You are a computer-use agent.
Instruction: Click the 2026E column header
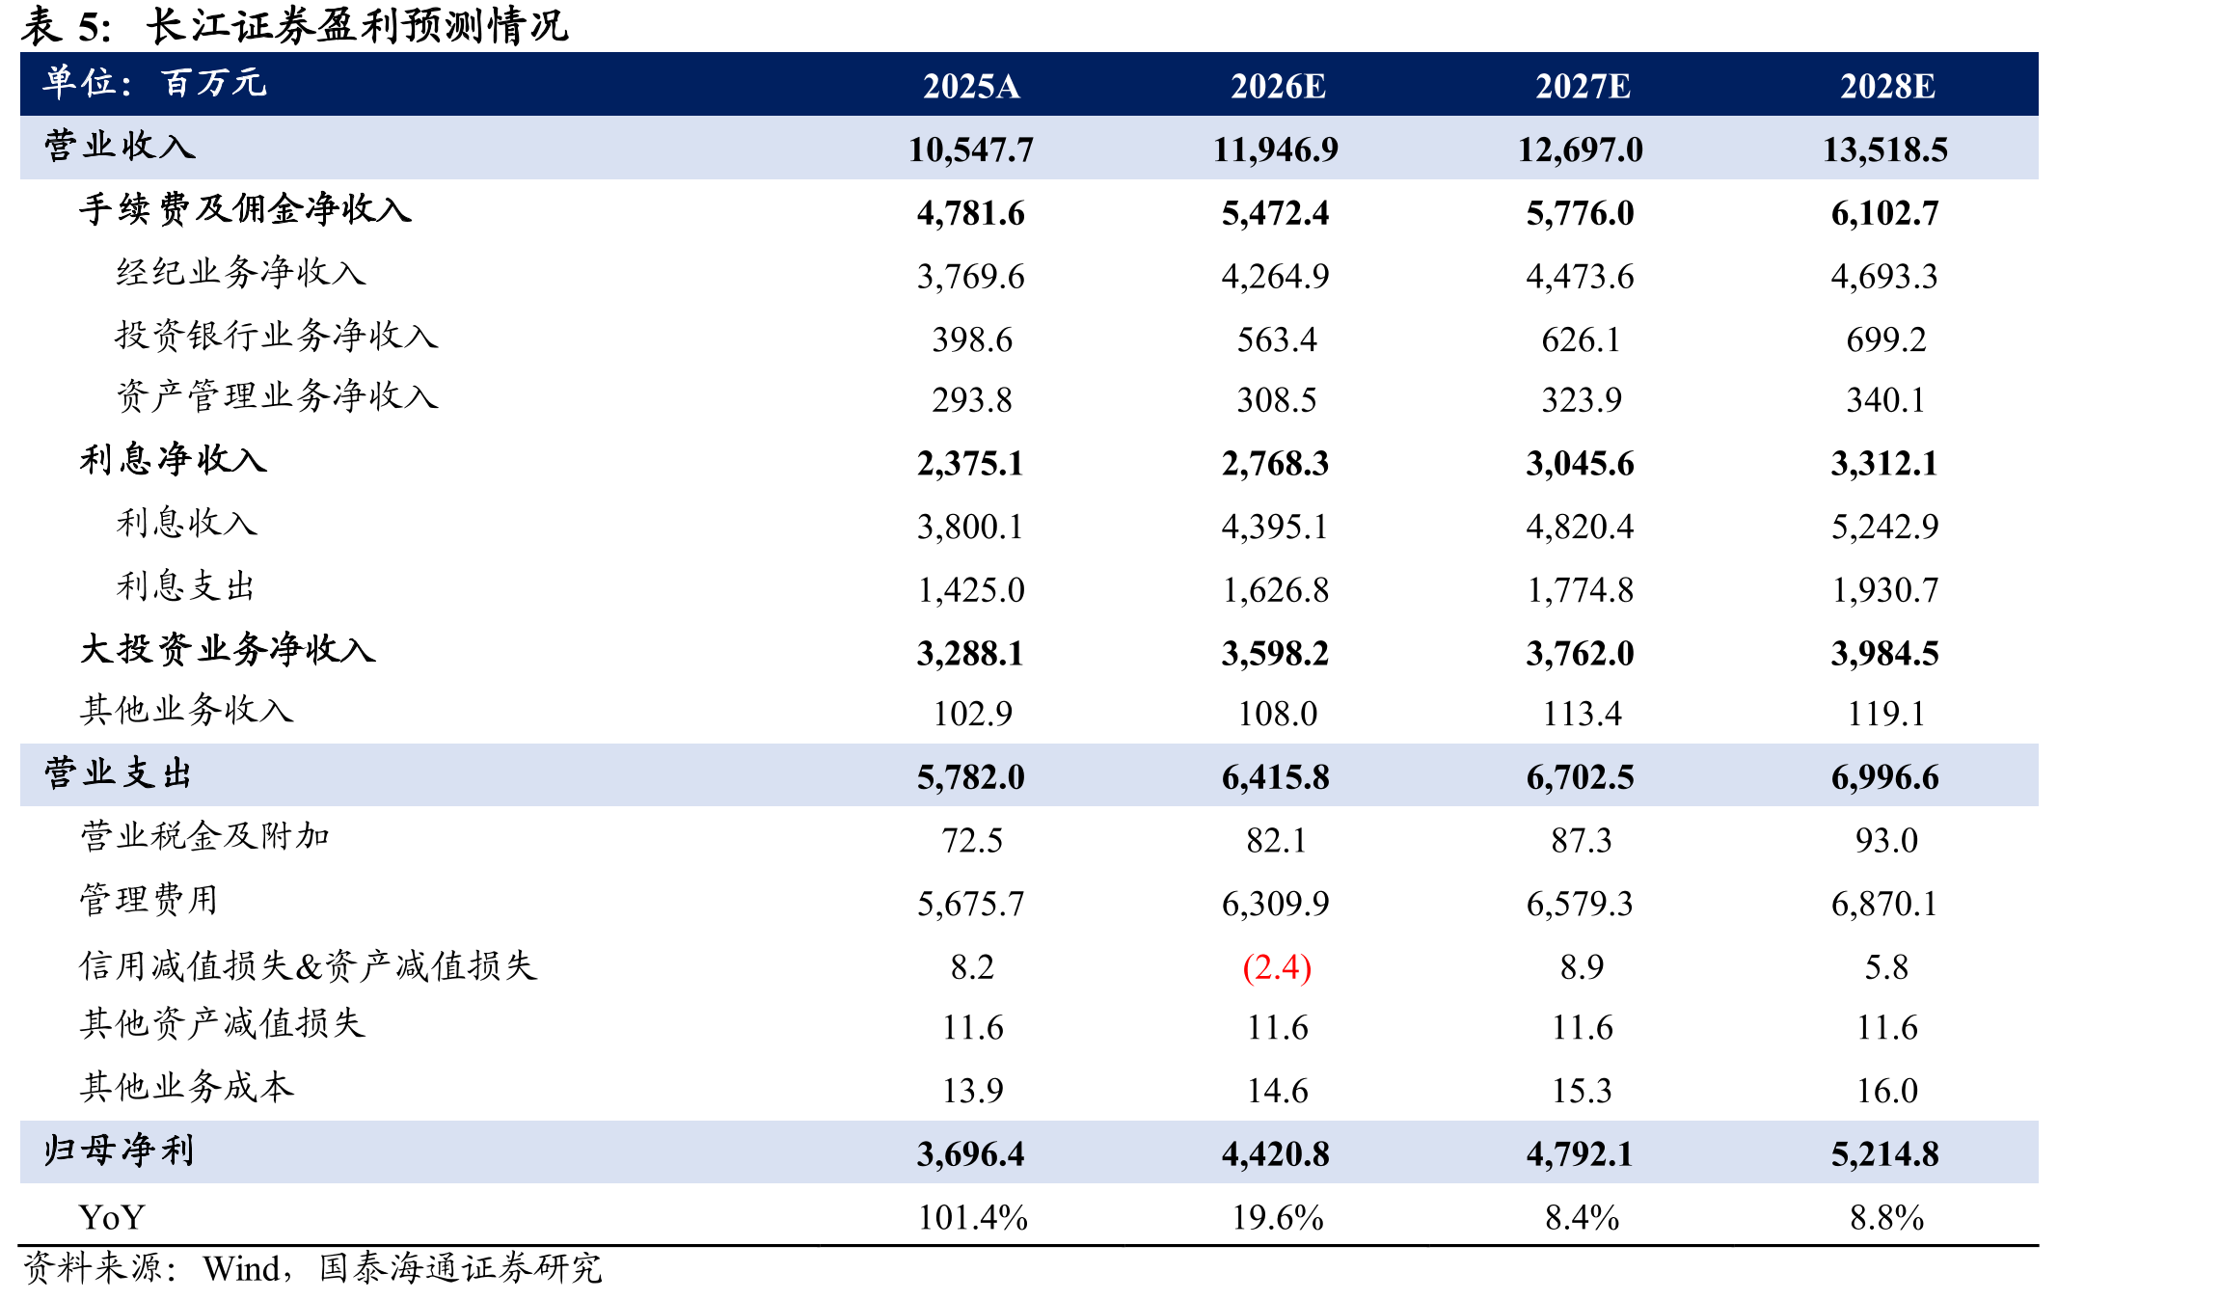tap(1278, 86)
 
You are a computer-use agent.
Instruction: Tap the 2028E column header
tap(1887, 86)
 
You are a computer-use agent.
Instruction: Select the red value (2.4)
tap(1277, 966)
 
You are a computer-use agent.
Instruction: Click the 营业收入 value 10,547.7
tap(971, 149)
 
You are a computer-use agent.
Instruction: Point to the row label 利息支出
tap(185, 585)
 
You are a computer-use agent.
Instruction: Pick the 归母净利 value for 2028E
tap(1885, 1153)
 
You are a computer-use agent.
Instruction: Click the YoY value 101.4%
tap(972, 1217)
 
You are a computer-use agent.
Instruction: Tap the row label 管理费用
tap(149, 900)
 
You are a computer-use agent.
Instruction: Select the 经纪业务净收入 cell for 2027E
tap(1580, 277)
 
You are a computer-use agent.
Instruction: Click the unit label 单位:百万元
tap(154, 83)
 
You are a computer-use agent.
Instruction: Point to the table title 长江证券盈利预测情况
tap(357, 25)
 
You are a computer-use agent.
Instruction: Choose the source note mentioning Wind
tap(312, 1268)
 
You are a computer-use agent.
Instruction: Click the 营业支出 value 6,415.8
tap(1276, 777)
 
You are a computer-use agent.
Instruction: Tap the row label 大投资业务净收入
tap(227, 649)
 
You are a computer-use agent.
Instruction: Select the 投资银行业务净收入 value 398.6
tap(972, 339)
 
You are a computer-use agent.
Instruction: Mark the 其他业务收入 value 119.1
tap(1885, 714)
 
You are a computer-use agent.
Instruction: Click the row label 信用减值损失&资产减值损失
tap(308, 965)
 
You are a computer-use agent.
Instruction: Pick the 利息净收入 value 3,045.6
tap(1580, 464)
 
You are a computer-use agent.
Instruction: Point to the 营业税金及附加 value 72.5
tap(972, 840)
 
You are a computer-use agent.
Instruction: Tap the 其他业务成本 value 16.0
tap(1887, 1091)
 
